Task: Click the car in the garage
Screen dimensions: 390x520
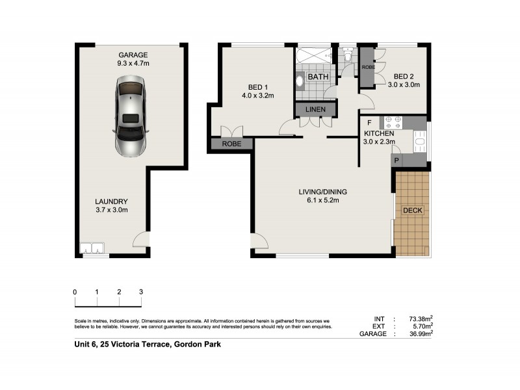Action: (131, 116)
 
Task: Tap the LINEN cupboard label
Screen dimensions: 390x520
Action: (315, 109)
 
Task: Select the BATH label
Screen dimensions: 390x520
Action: (318, 77)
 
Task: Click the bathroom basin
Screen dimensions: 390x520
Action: (300, 81)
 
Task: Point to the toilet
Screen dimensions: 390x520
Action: (348, 58)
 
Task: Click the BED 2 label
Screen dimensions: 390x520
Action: (403, 75)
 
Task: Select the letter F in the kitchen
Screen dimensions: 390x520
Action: (369, 122)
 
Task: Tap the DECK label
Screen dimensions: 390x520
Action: (412, 211)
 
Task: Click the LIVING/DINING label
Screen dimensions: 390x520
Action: (322, 192)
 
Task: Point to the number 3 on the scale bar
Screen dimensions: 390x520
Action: (141, 292)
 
